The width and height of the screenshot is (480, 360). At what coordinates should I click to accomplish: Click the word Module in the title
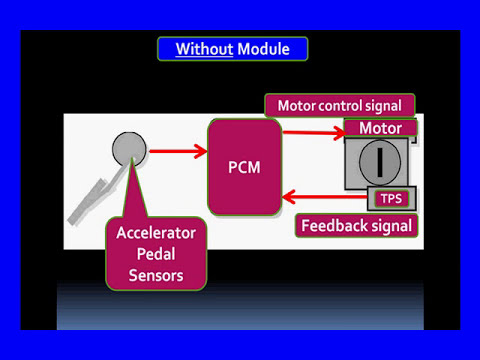tap(262, 48)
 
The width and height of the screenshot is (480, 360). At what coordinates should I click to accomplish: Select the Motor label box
tap(380, 129)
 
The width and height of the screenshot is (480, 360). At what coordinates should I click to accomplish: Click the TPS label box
tap(390, 199)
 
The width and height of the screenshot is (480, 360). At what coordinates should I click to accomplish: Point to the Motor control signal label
tap(339, 105)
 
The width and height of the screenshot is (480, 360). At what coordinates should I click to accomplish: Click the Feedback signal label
tap(357, 225)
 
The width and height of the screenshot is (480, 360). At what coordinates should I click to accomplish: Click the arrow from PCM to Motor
tap(312, 130)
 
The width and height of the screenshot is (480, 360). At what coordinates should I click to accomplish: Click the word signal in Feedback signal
tap(389, 225)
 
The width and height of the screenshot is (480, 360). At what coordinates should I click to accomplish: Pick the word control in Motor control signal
tap(342, 105)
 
